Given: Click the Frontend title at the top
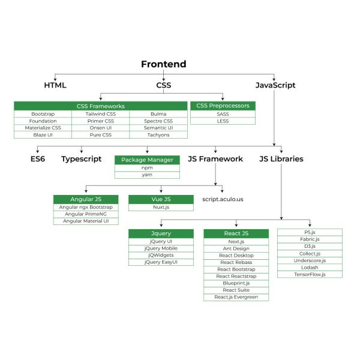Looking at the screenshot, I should (x=164, y=64).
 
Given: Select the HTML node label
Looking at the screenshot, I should (x=55, y=85).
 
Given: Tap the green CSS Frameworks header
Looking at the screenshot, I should (x=100, y=106).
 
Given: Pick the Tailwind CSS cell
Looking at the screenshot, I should (x=100, y=114).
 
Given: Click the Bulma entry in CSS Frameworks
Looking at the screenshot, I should (x=158, y=114).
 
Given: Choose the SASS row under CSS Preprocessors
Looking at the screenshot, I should (x=223, y=114).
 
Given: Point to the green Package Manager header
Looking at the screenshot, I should (x=147, y=160).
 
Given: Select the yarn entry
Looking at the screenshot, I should (x=147, y=175).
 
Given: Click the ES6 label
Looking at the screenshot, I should (x=38, y=159).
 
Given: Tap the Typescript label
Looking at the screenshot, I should (x=81, y=159).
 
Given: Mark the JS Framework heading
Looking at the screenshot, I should (x=215, y=159).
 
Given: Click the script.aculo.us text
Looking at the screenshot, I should (x=223, y=199).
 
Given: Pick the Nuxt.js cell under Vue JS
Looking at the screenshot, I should (x=161, y=207).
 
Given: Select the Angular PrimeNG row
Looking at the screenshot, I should (x=85, y=214).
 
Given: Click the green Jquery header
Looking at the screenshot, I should (x=161, y=233).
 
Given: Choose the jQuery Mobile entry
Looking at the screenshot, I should (x=161, y=248).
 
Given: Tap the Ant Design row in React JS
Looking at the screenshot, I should (x=236, y=248).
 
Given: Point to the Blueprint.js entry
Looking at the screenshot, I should (x=236, y=283).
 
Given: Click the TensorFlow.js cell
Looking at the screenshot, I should (x=310, y=274).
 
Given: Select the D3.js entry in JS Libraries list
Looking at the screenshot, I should (x=310, y=246).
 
